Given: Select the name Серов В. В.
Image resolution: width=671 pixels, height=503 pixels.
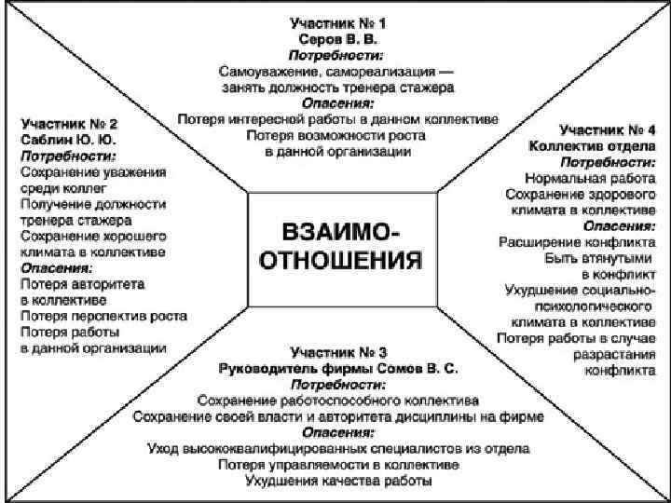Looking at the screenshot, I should (x=337, y=41).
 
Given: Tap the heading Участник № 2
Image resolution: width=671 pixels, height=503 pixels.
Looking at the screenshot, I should (x=71, y=123).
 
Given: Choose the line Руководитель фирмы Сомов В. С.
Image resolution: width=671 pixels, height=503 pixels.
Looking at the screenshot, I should (x=337, y=369).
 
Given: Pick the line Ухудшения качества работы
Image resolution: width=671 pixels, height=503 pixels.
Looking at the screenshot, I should (x=337, y=482).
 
